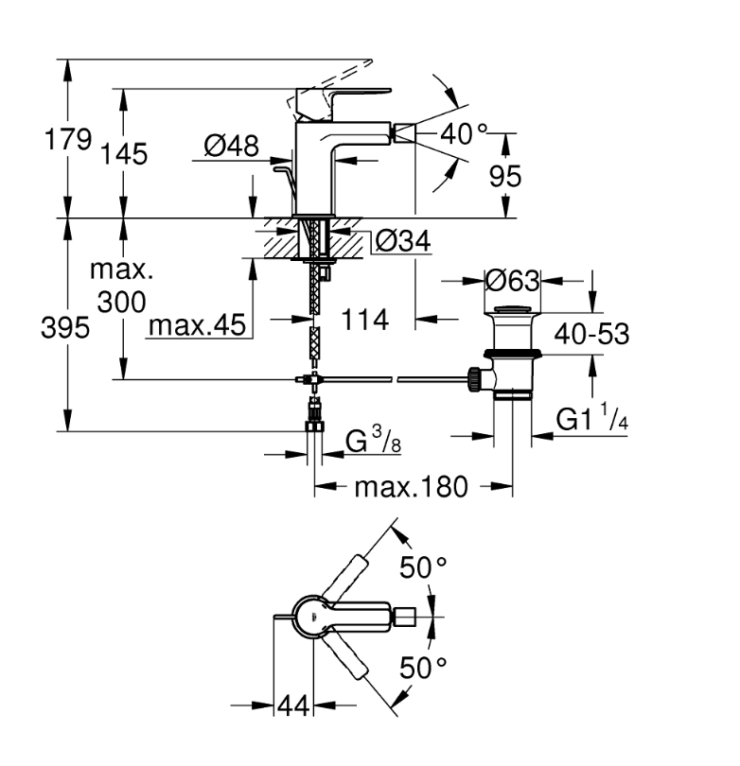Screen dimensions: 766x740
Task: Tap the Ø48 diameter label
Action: [232, 147]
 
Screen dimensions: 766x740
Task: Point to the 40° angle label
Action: [464, 135]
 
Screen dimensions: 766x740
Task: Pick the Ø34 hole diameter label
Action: [402, 242]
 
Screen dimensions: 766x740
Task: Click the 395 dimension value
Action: [67, 328]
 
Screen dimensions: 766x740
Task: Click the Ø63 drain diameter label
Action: [511, 281]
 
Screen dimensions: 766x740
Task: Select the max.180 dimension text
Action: [411, 487]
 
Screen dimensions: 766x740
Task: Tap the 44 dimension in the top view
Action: [294, 705]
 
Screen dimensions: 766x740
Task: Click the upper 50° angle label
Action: [421, 568]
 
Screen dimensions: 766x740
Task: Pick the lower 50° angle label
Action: [421, 668]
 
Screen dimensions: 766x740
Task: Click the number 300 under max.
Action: [121, 302]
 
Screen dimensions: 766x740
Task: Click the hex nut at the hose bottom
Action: [315, 427]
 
